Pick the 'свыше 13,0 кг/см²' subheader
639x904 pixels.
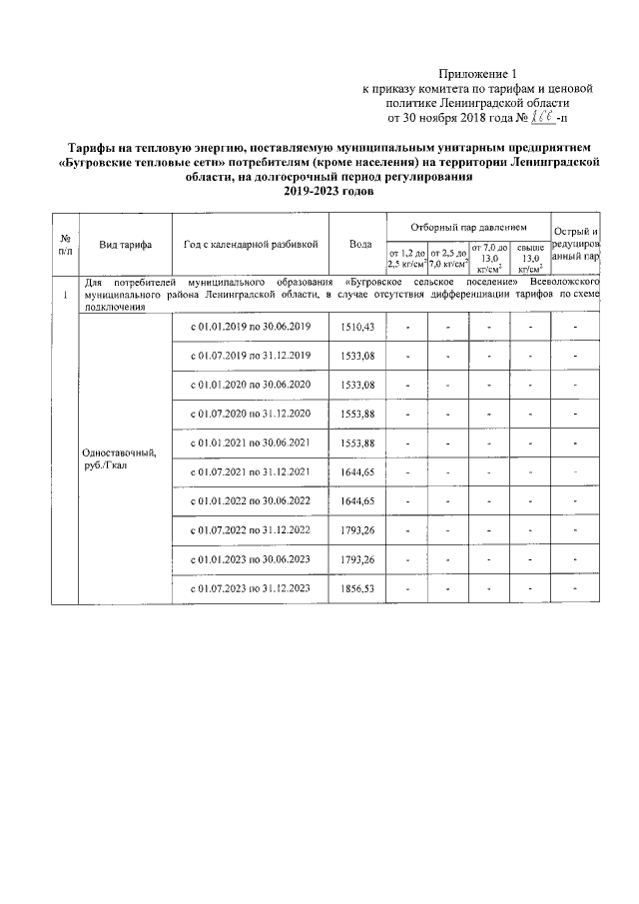click(530, 258)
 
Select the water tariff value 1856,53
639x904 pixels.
click(357, 588)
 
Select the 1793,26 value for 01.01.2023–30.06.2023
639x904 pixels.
click(357, 559)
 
